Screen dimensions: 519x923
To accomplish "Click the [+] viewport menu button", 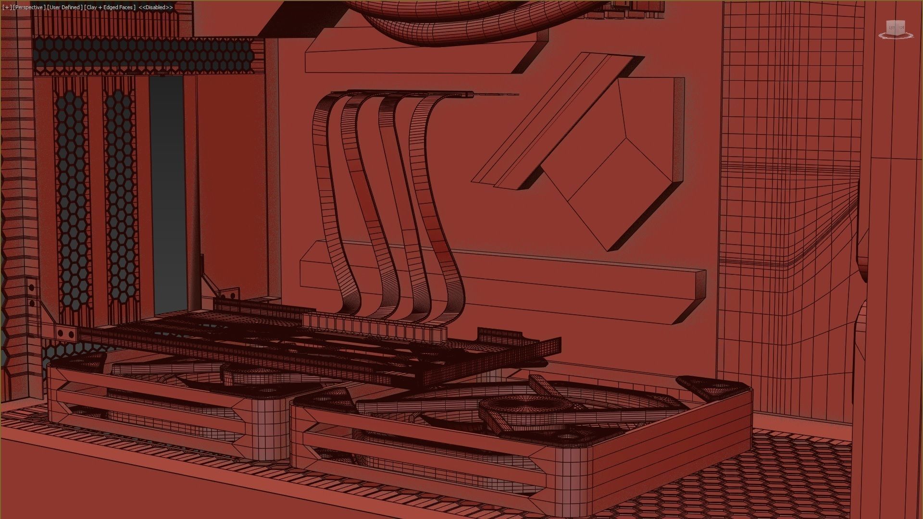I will coord(7,8).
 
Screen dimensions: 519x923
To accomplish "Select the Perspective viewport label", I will coord(28,8).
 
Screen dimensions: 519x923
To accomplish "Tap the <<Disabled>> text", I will coord(156,8).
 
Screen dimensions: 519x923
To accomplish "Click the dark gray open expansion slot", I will coord(166,192).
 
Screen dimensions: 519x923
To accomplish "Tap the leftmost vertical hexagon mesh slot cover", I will coord(72,202).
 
